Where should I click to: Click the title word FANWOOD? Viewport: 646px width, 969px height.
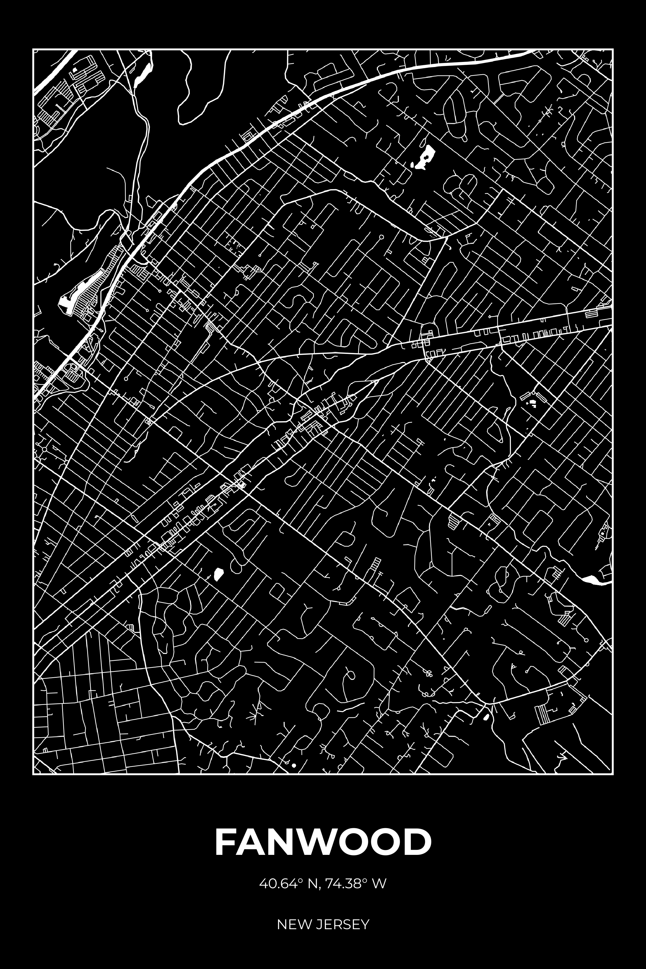(323, 841)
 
